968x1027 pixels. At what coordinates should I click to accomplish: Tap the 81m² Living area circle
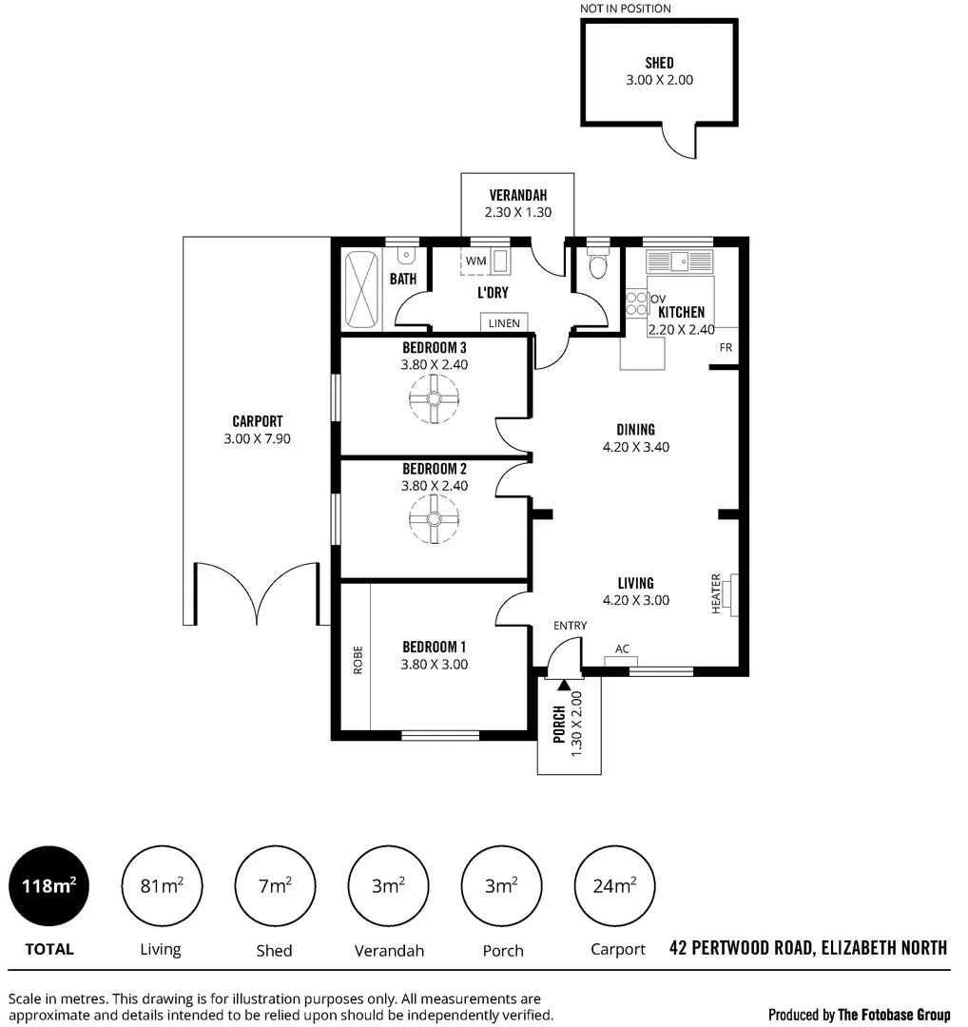pyautogui.click(x=161, y=886)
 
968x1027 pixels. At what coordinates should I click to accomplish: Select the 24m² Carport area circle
pyautogui.click(x=614, y=886)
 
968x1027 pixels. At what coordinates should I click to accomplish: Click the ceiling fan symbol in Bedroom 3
pyautogui.click(x=434, y=399)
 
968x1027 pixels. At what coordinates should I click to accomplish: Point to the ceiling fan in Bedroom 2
pyautogui.click(x=434, y=519)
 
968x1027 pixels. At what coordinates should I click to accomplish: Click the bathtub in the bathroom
pyautogui.click(x=361, y=287)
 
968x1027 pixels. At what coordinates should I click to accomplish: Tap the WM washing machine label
pyautogui.click(x=475, y=261)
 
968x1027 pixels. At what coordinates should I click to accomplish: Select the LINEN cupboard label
pyautogui.click(x=504, y=323)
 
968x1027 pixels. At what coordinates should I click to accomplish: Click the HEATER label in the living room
pyautogui.click(x=716, y=593)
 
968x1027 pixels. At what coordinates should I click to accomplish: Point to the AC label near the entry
pyautogui.click(x=622, y=649)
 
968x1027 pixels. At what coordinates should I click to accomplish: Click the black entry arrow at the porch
pyautogui.click(x=564, y=683)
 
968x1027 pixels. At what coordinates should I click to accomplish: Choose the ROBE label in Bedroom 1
pyautogui.click(x=358, y=659)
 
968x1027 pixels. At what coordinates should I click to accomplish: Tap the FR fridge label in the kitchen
pyautogui.click(x=726, y=347)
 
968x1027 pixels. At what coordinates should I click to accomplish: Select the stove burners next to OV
pyautogui.click(x=635, y=303)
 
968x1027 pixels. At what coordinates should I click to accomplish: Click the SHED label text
pyautogui.click(x=659, y=63)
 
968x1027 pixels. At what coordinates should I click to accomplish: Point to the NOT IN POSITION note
pyautogui.click(x=626, y=9)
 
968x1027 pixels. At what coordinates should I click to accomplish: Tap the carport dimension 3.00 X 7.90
pyautogui.click(x=257, y=439)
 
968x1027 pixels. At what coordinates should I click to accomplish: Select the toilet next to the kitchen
pyautogui.click(x=597, y=266)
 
